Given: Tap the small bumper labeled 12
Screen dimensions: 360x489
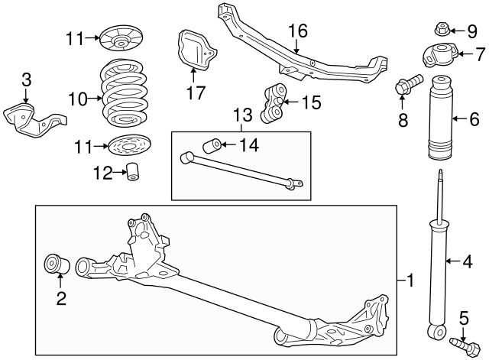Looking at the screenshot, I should [134, 173].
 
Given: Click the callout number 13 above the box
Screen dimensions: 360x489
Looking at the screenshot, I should [241, 115].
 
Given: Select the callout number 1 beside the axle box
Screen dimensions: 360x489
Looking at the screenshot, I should [410, 281].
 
